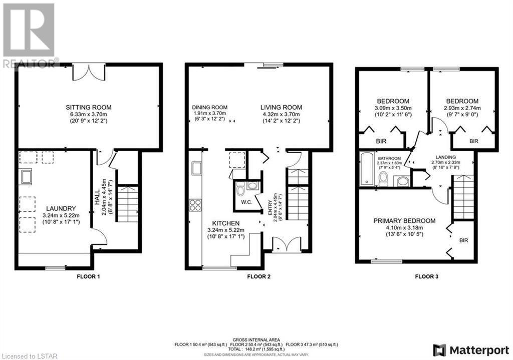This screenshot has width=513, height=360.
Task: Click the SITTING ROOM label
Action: click(88, 107)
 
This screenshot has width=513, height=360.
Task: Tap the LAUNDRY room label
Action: click(61, 208)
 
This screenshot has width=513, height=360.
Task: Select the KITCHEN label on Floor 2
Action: click(226, 223)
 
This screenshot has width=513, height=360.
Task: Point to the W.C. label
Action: click(246, 202)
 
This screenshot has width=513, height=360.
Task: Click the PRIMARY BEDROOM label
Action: click(404, 221)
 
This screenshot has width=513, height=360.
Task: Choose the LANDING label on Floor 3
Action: click(445, 157)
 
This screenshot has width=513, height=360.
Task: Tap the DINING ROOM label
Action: click(209, 107)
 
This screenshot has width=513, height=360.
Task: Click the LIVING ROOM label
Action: click(281, 107)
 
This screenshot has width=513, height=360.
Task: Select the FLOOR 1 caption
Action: click(88, 276)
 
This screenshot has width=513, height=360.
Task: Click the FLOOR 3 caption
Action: click(427, 276)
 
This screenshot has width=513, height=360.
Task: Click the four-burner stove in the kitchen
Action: click(195, 205)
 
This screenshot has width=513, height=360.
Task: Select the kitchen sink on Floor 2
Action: click(196, 168)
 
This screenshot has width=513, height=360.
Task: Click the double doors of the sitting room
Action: click(89, 72)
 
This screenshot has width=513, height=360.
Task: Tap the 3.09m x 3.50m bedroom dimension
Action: click(393, 108)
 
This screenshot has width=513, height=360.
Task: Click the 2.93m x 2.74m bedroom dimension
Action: click(462, 108)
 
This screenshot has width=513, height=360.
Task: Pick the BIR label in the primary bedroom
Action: click(463, 240)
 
